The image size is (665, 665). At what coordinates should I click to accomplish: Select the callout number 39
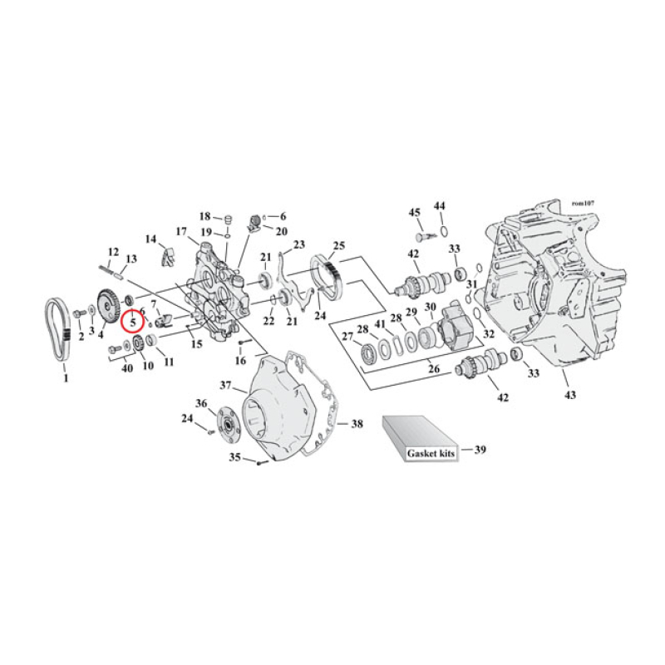[480, 450]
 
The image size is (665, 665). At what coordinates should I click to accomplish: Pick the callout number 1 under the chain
[66, 378]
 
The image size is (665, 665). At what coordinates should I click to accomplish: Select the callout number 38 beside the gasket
[357, 424]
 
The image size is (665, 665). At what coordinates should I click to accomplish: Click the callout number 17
[180, 231]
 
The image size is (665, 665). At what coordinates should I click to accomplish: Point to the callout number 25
[338, 246]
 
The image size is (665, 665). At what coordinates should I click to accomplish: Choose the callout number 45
[413, 213]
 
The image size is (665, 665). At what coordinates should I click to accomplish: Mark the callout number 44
[440, 205]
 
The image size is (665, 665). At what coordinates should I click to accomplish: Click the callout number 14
[151, 239]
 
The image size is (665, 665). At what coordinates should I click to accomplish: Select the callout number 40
[126, 368]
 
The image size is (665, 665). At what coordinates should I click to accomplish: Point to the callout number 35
[235, 457]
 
